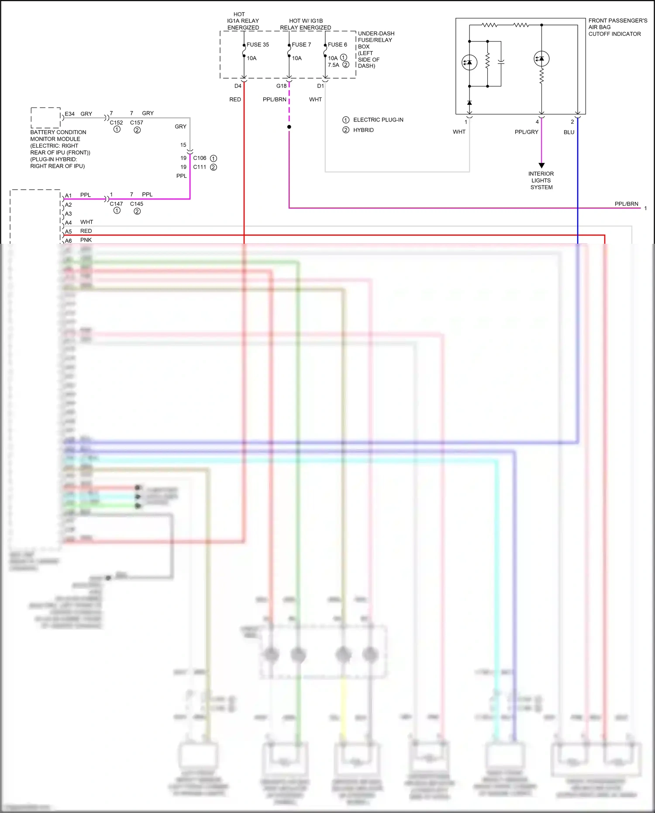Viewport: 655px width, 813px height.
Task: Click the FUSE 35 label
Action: point(258,45)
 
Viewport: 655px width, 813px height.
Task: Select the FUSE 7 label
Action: point(301,45)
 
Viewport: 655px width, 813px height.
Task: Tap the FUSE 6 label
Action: point(338,45)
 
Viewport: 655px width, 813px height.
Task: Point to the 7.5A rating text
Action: point(334,65)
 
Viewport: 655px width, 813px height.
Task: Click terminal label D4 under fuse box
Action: point(238,86)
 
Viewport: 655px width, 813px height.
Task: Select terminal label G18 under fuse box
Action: point(281,86)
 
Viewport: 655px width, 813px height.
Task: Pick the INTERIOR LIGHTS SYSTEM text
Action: point(541,180)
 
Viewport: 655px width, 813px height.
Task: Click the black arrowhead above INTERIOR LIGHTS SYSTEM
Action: point(541,166)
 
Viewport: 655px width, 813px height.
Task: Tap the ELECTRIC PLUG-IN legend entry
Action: point(378,120)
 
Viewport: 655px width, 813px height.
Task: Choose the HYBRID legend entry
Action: point(363,130)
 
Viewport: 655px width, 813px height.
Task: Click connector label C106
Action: point(200,158)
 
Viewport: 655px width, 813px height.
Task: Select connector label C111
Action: point(200,167)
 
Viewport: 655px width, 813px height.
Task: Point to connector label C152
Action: point(116,123)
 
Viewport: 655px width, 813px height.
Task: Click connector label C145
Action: point(136,204)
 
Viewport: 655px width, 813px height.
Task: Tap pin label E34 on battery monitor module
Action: point(69,114)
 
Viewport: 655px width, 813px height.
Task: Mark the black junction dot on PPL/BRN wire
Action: point(289,127)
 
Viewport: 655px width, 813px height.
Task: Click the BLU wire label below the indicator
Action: point(569,132)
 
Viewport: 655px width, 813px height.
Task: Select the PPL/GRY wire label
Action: point(526,132)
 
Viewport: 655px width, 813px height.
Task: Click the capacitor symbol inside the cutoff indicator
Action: point(501,62)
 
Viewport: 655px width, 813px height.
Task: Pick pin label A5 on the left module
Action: point(69,232)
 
